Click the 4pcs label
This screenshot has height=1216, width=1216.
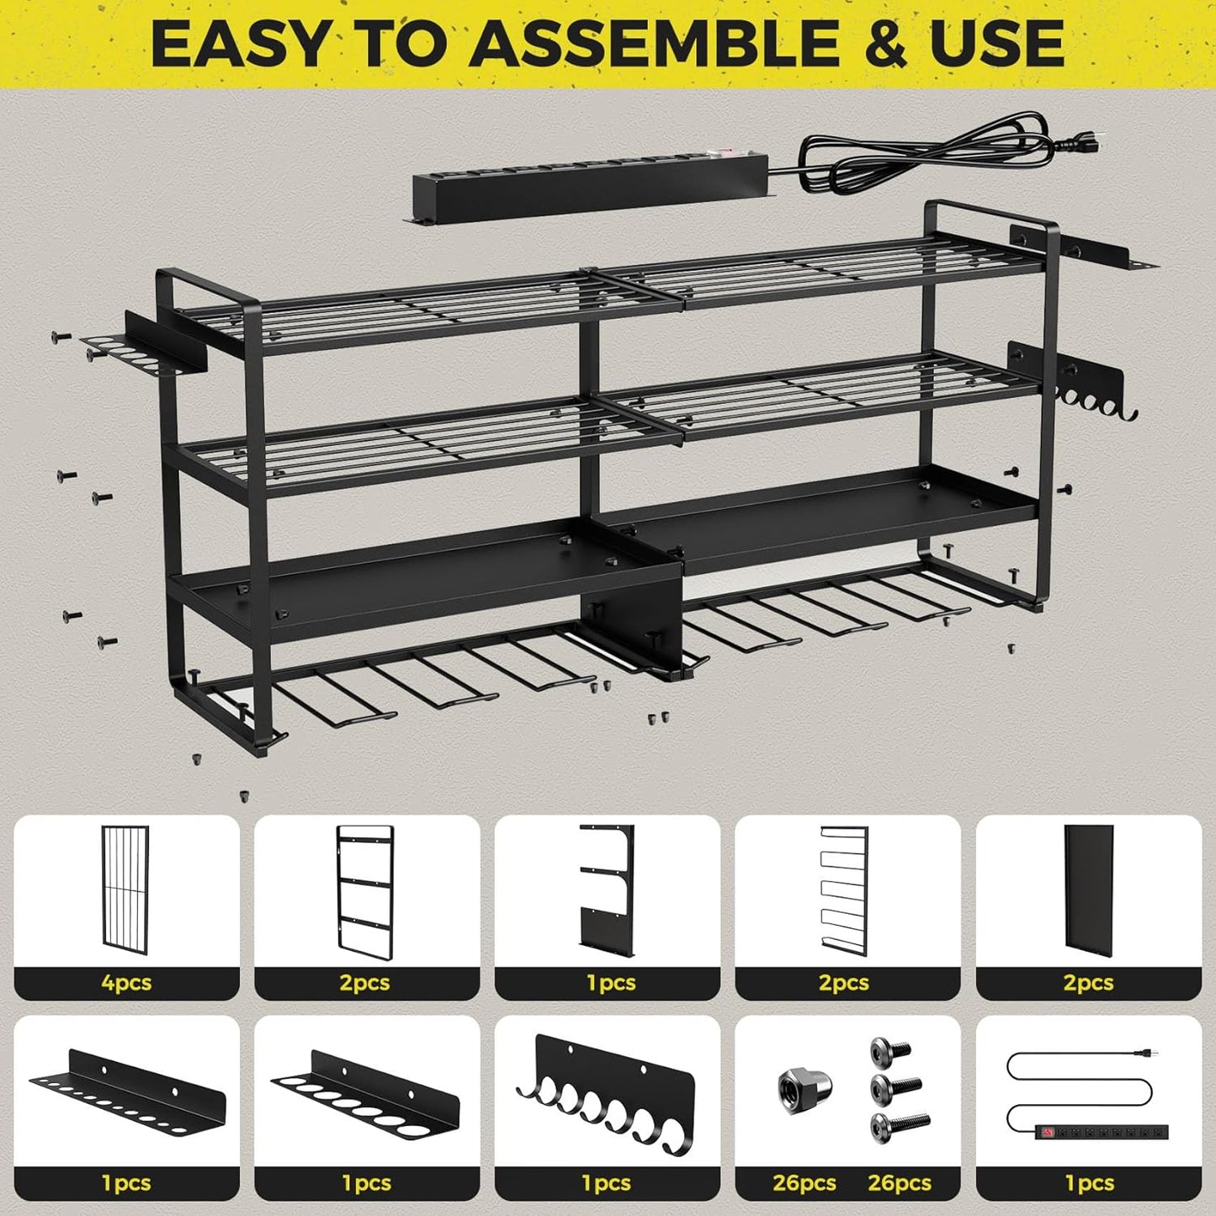coord(126,983)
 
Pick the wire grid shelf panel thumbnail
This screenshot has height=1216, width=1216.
coord(125,889)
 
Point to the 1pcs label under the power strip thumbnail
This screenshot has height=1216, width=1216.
coord(1089,1183)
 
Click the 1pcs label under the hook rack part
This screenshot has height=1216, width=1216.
coord(607,1183)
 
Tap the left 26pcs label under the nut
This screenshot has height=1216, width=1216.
coord(804,1183)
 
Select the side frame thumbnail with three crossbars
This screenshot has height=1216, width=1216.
coord(365,891)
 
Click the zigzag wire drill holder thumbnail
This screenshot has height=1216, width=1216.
coord(844,890)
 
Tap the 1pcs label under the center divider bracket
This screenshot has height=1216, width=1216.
coord(607,983)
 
